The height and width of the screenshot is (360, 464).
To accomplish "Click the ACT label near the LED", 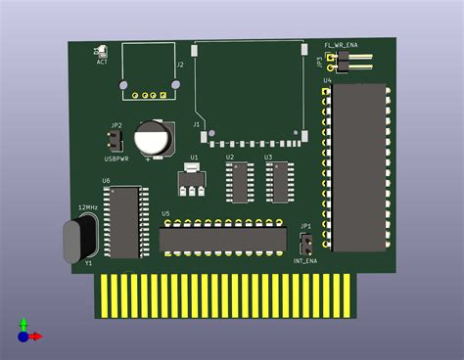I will (102, 62).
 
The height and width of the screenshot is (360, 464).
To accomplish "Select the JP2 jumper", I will (116, 142).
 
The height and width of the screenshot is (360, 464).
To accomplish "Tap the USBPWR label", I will (116, 158).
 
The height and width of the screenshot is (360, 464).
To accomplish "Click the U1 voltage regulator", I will (193, 182).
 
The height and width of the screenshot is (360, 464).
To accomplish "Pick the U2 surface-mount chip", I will (239, 182).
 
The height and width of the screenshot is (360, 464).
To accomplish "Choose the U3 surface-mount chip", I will (278, 182).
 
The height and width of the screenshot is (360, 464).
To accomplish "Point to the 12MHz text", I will (87, 207).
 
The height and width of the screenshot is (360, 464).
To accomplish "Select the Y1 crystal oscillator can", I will (78, 241).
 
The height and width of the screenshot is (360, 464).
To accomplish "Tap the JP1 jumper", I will (305, 242).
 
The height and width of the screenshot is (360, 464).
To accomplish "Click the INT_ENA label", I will (305, 261).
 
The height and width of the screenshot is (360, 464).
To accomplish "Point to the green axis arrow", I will (23, 324).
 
